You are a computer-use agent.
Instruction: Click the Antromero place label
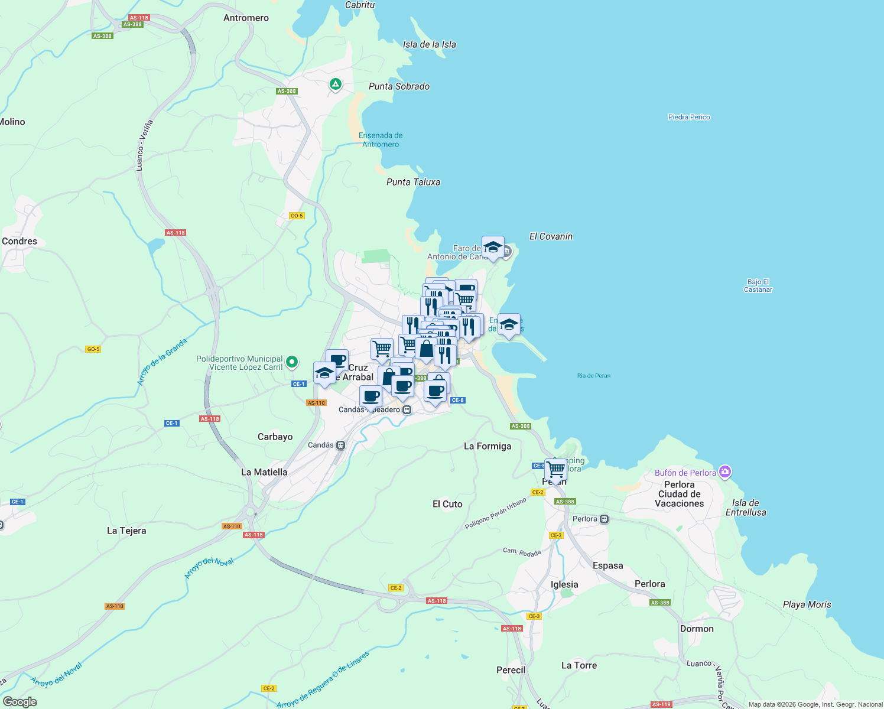click(x=246, y=18)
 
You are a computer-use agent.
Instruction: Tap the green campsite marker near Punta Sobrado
click(x=336, y=85)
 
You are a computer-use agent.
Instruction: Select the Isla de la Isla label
click(x=429, y=44)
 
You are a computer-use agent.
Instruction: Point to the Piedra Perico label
click(x=689, y=117)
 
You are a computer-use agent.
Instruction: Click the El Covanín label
click(x=551, y=236)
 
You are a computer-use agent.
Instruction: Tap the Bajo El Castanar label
click(x=758, y=286)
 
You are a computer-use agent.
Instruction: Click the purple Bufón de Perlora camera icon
click(x=726, y=472)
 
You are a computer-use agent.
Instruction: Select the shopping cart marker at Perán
click(x=556, y=470)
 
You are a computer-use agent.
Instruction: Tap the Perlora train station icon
click(x=604, y=519)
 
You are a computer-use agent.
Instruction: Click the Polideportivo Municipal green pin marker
click(x=292, y=362)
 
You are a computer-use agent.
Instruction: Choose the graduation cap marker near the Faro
click(x=493, y=247)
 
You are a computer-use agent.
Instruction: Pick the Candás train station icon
click(x=340, y=445)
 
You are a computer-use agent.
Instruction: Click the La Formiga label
click(x=487, y=446)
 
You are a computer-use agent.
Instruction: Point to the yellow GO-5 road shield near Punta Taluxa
click(x=297, y=216)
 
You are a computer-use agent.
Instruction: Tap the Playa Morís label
click(x=807, y=604)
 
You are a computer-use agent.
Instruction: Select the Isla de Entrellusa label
click(x=746, y=508)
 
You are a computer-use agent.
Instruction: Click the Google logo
click(x=20, y=702)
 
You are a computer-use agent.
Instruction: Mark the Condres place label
click(x=19, y=241)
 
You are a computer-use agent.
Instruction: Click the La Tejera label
click(x=126, y=531)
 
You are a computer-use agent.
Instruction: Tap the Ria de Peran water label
click(x=594, y=376)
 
